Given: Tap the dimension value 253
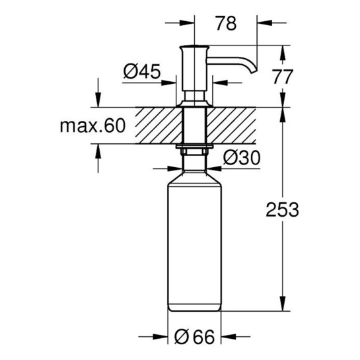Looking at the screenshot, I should [283, 210].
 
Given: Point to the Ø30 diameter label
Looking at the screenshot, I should [240, 157].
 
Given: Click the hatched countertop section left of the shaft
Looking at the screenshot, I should [157, 126].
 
